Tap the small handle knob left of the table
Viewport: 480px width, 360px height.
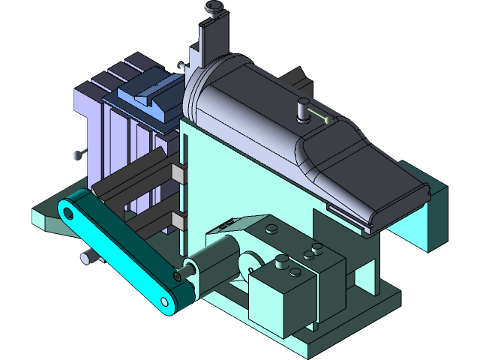[77, 155]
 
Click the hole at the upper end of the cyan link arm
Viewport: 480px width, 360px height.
[68, 213]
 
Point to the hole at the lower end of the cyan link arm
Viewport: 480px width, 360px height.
[164, 301]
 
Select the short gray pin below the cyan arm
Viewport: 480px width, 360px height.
[88, 259]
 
